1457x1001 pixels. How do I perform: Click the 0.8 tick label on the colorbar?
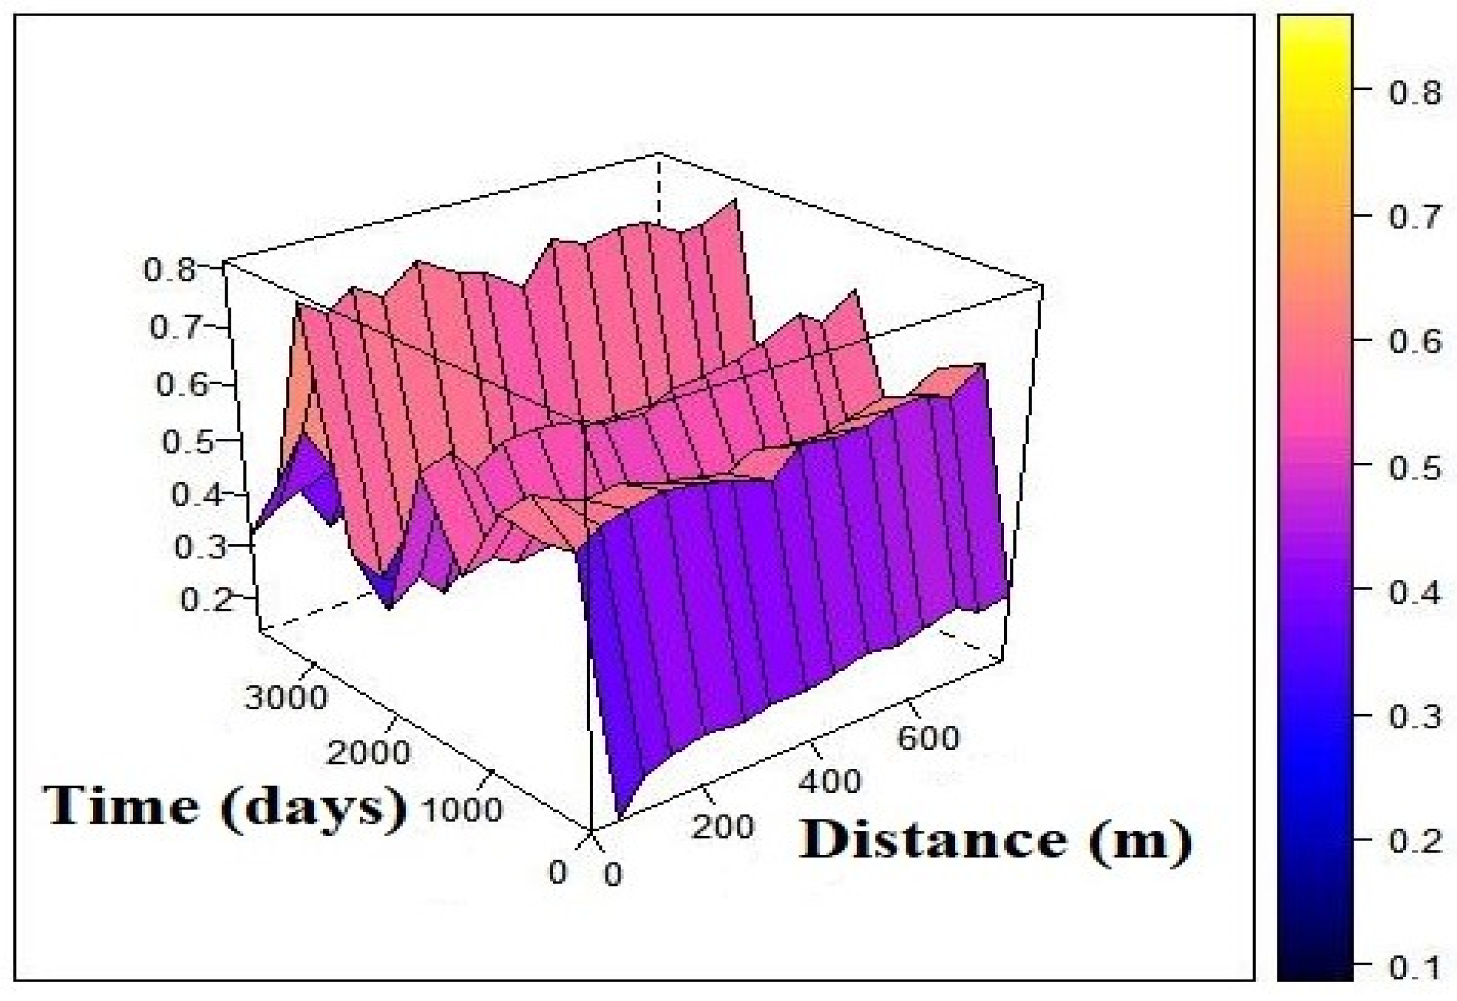(1415, 93)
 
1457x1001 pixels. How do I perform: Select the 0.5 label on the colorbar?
(1415, 468)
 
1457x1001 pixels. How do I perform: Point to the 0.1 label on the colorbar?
(1415, 969)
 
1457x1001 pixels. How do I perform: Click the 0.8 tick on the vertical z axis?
(169, 270)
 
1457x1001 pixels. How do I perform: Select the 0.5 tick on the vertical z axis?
(188, 442)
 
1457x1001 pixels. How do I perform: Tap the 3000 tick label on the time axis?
(286, 697)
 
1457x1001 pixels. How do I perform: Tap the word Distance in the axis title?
(932, 840)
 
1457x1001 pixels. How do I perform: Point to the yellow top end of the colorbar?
(1315, 28)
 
